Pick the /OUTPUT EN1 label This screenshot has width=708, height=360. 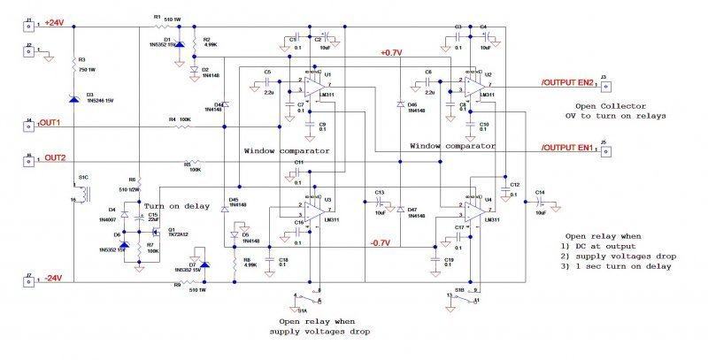568,146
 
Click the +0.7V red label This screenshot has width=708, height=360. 390,53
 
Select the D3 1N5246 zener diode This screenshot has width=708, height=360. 74,94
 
